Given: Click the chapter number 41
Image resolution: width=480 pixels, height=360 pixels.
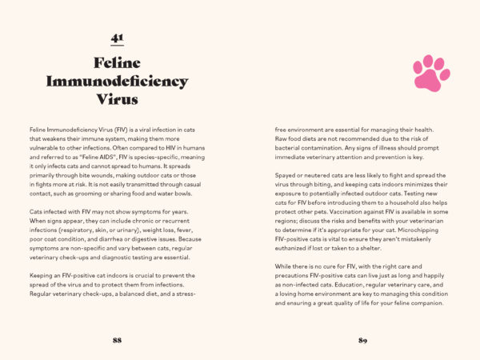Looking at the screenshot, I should click(x=117, y=37).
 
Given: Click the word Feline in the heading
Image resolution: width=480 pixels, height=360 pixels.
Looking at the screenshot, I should click(x=117, y=62).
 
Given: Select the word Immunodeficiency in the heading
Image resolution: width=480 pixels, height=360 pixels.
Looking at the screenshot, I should click(x=117, y=81).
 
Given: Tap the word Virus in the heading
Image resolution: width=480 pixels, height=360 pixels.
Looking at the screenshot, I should click(x=117, y=100).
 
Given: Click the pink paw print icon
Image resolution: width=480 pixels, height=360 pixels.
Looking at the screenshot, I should click(x=431, y=72).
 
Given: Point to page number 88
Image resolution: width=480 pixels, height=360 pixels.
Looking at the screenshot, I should click(x=117, y=340).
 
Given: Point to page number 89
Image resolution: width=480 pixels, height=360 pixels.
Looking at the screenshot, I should click(x=362, y=340).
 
